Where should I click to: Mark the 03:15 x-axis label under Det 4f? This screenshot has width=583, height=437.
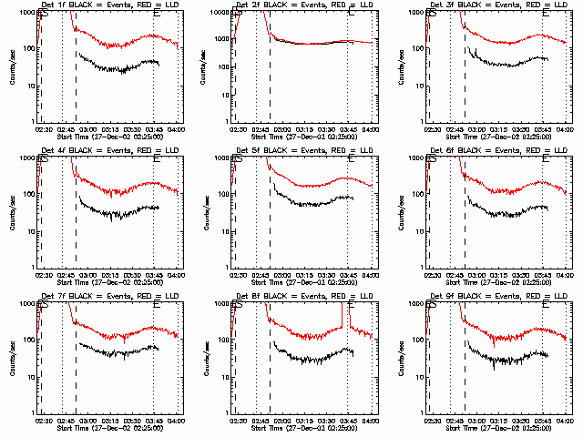pyautogui.click(x=110, y=276)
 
